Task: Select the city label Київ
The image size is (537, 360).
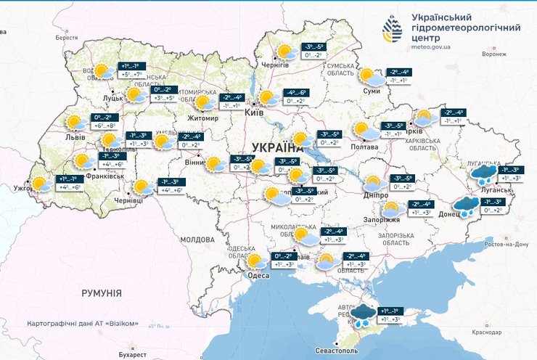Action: [255, 114]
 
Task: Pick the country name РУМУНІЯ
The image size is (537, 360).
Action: [102, 292]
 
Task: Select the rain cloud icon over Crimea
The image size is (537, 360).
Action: [363, 314]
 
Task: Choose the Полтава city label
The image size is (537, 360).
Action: [364, 147]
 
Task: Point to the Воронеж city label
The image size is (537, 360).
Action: [495, 54]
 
